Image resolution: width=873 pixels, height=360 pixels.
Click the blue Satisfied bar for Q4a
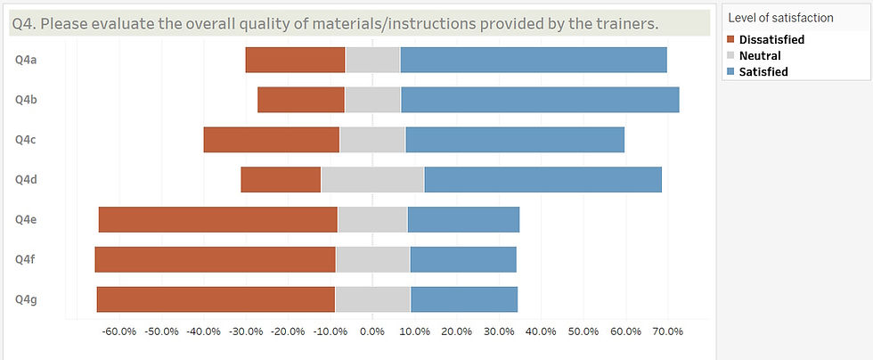tap(534, 60)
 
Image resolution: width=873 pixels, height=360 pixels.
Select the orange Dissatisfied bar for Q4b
tap(301, 100)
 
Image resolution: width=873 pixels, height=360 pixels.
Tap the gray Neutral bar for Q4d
tap(372, 179)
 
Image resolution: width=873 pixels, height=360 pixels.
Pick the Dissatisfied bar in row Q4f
tap(215, 259)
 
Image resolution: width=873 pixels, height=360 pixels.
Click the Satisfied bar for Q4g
tap(463, 299)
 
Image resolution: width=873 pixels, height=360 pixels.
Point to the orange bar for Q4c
tap(271, 140)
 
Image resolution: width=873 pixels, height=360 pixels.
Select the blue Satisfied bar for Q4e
tap(463, 219)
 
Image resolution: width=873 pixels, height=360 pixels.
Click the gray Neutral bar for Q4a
tap(372, 60)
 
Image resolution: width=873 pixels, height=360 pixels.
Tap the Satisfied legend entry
tap(763, 71)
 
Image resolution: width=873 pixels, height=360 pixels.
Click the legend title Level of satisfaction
tap(780, 17)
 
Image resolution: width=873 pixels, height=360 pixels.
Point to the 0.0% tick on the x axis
tap(372, 331)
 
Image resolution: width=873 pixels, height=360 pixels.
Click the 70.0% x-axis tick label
tap(666, 331)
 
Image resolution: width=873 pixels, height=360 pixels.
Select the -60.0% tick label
tap(118, 331)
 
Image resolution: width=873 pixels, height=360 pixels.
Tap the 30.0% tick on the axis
tap(499, 331)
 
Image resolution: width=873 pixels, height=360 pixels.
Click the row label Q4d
tap(25, 179)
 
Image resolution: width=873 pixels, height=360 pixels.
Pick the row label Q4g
tap(25, 299)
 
